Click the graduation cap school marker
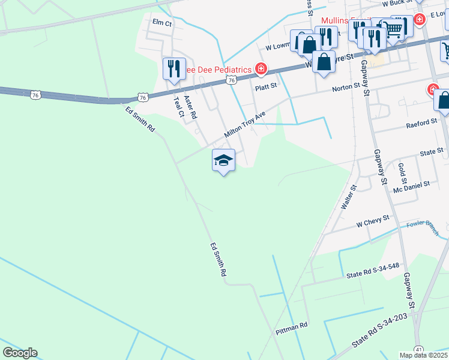(223, 160)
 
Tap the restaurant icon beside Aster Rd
(174, 68)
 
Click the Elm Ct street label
(162, 22)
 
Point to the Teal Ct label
(178, 106)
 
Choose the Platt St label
(265, 86)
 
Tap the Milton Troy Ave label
(245, 124)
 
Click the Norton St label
(346, 88)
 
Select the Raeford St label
(421, 122)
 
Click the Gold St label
(402, 172)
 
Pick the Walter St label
(349, 196)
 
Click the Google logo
(20, 353)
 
